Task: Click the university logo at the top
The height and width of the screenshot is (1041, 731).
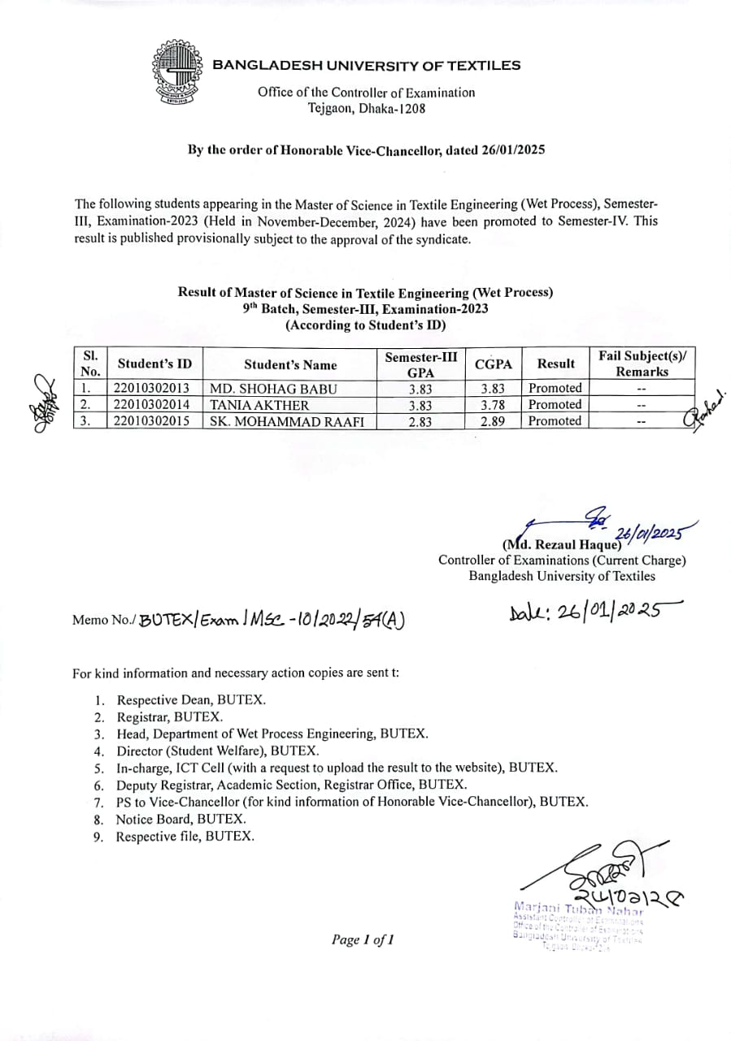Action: pyautogui.click(x=176, y=72)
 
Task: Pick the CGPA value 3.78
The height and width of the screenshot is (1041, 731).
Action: pyautogui.click(x=493, y=404)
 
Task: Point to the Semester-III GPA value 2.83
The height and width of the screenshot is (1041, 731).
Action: pyautogui.click(x=420, y=421)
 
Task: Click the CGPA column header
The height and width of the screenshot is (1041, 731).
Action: pyautogui.click(x=493, y=364)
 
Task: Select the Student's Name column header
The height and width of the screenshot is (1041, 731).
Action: pyautogui.click(x=290, y=364)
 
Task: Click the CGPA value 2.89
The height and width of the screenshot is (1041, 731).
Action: pyautogui.click(x=493, y=421)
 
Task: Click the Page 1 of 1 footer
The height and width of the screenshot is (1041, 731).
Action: pyautogui.click(x=363, y=940)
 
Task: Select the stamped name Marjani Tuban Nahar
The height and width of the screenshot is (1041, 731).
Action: pyautogui.click(x=578, y=907)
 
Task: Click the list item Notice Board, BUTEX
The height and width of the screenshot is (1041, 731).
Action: pyautogui.click(x=181, y=819)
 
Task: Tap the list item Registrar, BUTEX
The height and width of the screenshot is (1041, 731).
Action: pyautogui.click(x=169, y=717)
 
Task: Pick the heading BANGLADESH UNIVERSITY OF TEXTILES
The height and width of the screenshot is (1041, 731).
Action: pyautogui.click(x=367, y=66)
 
